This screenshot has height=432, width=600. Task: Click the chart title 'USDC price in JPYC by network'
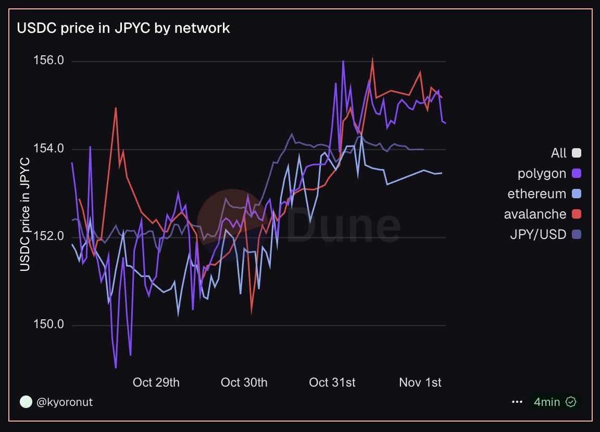click(123, 28)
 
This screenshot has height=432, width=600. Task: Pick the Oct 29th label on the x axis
click(156, 382)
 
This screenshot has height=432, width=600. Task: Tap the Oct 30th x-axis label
click(244, 382)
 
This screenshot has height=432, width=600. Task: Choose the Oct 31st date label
click(332, 382)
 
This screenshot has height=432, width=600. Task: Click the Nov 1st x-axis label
click(420, 382)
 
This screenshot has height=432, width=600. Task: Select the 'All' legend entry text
click(558, 153)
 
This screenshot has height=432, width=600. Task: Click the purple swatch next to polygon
click(576, 173)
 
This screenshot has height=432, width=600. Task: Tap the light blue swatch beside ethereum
click(576, 194)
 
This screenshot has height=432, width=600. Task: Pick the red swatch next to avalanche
click(576, 214)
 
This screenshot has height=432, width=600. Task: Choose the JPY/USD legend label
click(538, 234)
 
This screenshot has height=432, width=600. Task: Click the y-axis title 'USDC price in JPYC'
click(24, 214)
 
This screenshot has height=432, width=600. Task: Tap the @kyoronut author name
click(65, 402)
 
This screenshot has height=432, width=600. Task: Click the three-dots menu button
click(517, 402)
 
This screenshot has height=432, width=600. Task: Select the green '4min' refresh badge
click(555, 402)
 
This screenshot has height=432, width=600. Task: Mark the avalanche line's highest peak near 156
click(373, 58)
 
